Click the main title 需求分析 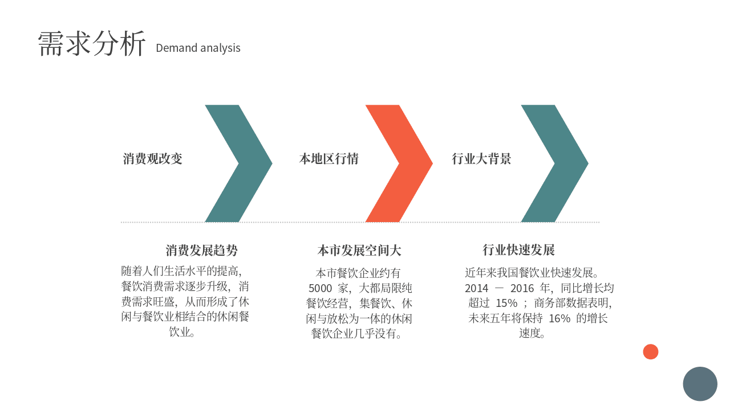click(92, 44)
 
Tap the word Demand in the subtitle click(177, 48)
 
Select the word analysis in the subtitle click(220, 48)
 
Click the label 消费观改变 click(152, 159)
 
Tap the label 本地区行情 click(329, 159)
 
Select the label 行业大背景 click(481, 159)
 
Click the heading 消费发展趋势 click(202, 250)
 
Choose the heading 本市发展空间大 click(359, 250)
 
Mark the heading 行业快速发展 click(518, 250)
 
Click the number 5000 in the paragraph click(320, 288)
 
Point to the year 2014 click(476, 288)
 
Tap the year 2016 click(522, 288)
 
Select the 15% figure click(506, 304)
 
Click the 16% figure click(559, 318)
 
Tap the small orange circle click(651, 352)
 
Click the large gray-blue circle click(700, 384)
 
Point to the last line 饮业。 click(182, 332)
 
